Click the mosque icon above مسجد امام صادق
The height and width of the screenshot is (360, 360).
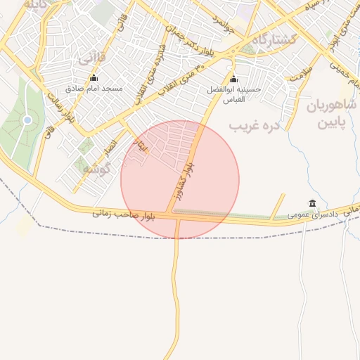(94, 77)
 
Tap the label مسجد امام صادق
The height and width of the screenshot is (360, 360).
(94, 89)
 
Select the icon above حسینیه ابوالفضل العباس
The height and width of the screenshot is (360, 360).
(233, 79)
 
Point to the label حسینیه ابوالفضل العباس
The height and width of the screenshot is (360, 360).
(233, 95)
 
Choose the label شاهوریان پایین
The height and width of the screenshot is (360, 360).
(331, 114)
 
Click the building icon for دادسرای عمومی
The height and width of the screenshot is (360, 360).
(312, 202)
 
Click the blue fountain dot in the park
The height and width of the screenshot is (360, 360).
(27, 120)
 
